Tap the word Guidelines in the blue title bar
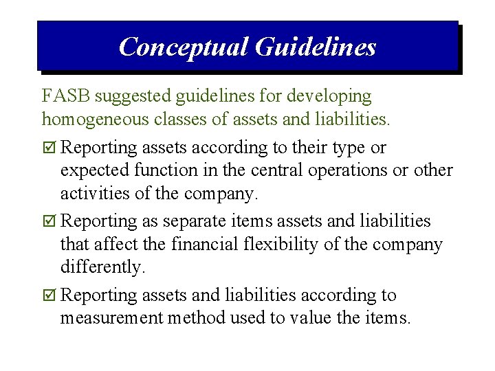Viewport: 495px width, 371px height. (316, 47)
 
